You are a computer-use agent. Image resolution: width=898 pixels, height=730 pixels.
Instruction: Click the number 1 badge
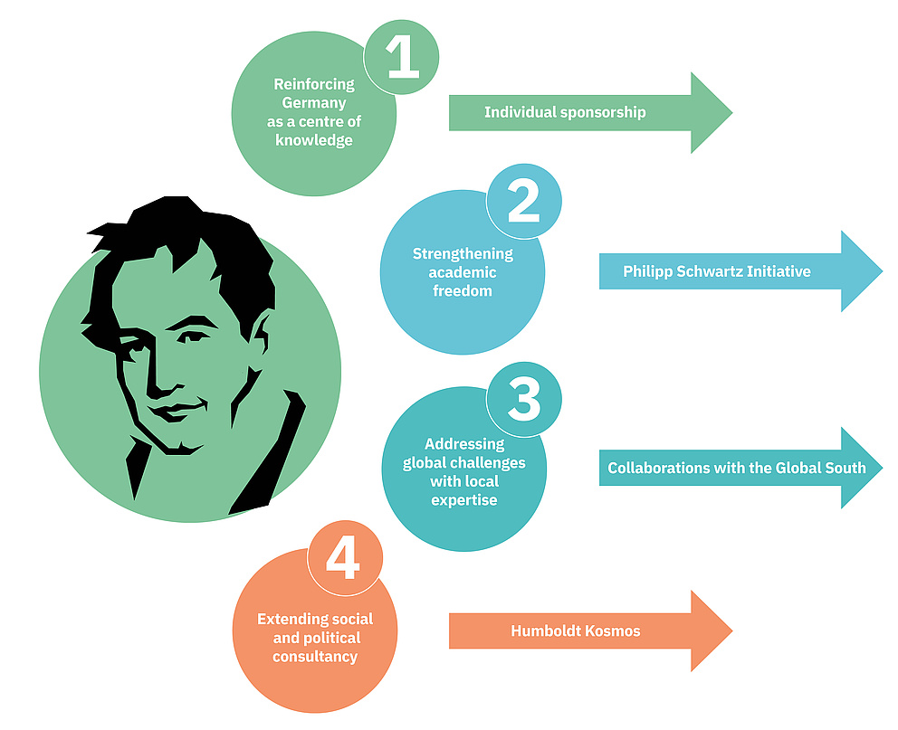(x=402, y=57)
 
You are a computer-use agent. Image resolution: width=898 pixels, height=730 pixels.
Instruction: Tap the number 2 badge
(x=523, y=201)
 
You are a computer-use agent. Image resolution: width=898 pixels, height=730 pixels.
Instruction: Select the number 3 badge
(x=523, y=398)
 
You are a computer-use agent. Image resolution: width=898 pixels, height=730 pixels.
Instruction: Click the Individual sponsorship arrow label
(x=565, y=112)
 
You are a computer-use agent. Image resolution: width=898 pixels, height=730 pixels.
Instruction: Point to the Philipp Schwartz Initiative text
(x=716, y=271)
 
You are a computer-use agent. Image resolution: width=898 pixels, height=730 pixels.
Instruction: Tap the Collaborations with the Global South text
(x=737, y=468)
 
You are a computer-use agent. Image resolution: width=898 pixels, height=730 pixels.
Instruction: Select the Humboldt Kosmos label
(x=575, y=630)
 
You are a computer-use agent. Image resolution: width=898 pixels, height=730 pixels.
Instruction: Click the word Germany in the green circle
(x=313, y=102)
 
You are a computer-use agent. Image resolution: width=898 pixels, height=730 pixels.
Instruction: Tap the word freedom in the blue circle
(x=463, y=291)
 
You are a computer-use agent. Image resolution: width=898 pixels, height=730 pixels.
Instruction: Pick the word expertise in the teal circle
(x=463, y=499)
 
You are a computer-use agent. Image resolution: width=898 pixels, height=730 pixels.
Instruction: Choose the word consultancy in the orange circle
(x=314, y=657)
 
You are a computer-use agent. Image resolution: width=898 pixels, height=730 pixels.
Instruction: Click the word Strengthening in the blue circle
(x=463, y=253)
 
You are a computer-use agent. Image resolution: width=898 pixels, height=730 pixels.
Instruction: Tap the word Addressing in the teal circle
(x=463, y=444)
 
